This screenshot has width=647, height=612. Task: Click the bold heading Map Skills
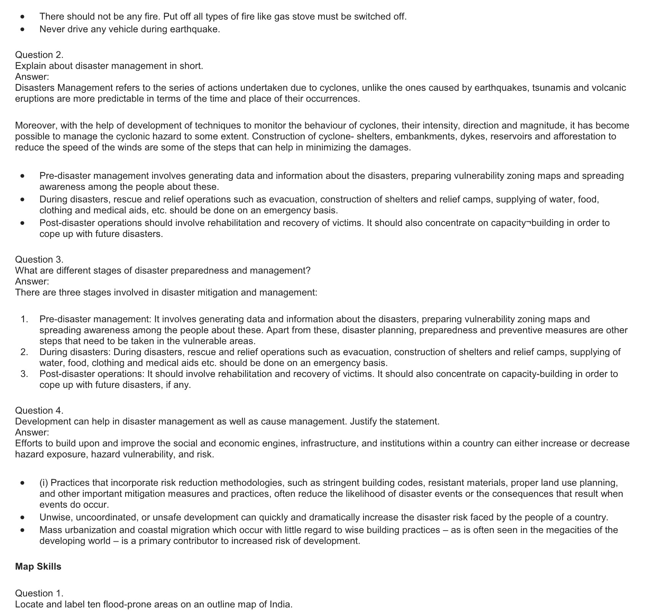point(38,566)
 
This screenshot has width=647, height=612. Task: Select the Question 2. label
point(39,55)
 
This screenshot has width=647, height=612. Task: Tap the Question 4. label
point(39,410)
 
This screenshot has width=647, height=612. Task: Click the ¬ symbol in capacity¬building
point(528,223)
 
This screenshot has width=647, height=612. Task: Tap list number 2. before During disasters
point(24,352)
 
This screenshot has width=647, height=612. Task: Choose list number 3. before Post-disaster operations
point(24,374)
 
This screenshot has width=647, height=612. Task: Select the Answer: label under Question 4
point(32,432)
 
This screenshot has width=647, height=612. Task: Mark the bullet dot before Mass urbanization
point(23,530)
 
